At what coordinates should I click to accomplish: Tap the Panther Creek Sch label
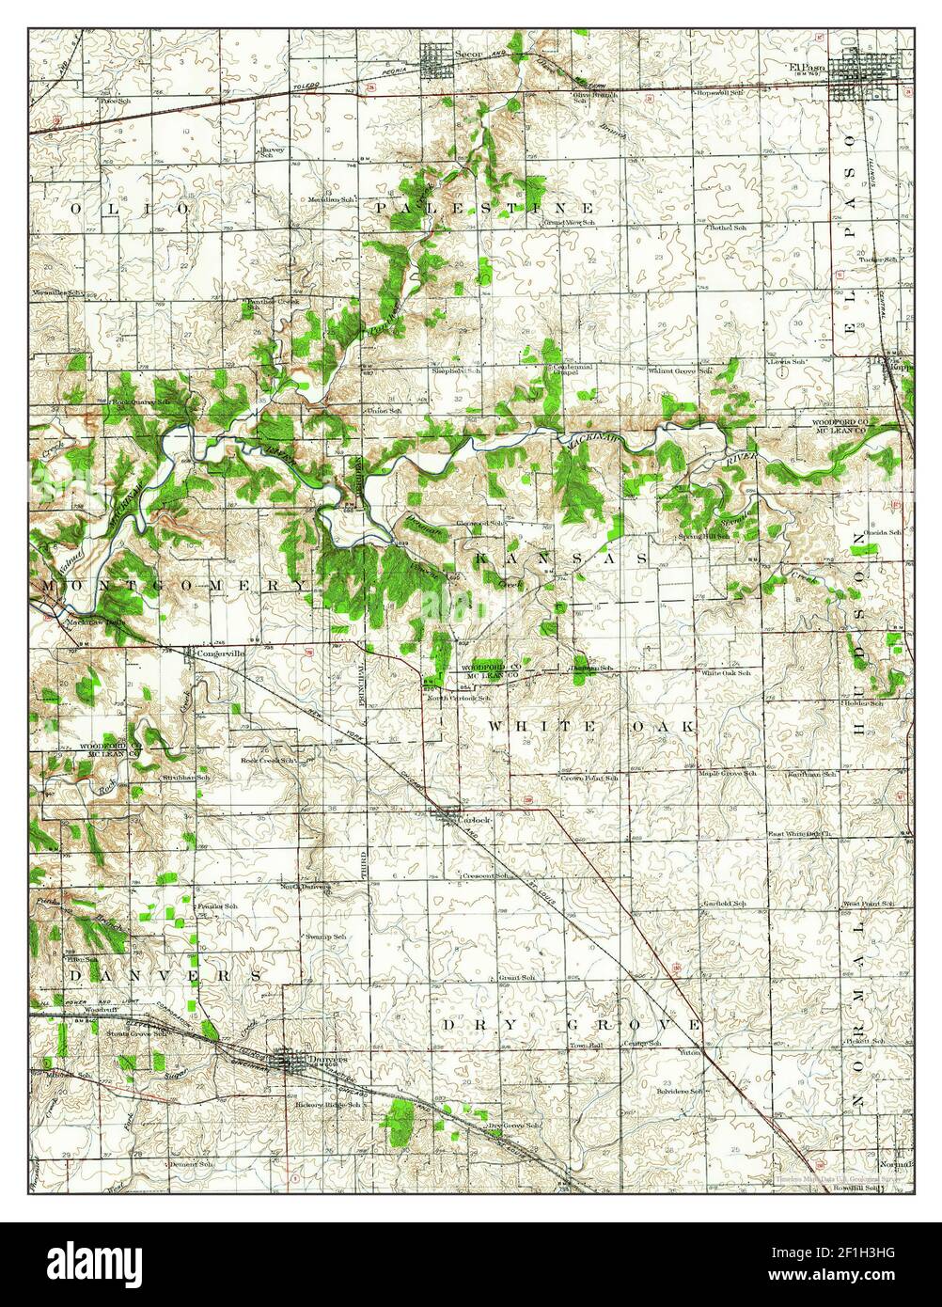(x=264, y=303)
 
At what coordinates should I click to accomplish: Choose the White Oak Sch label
(x=726, y=673)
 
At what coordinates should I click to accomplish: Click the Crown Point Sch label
(x=589, y=778)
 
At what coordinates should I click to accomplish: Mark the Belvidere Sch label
(x=683, y=1091)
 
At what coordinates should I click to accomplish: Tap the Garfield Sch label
(x=725, y=904)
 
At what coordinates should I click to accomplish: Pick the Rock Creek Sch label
(x=269, y=760)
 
